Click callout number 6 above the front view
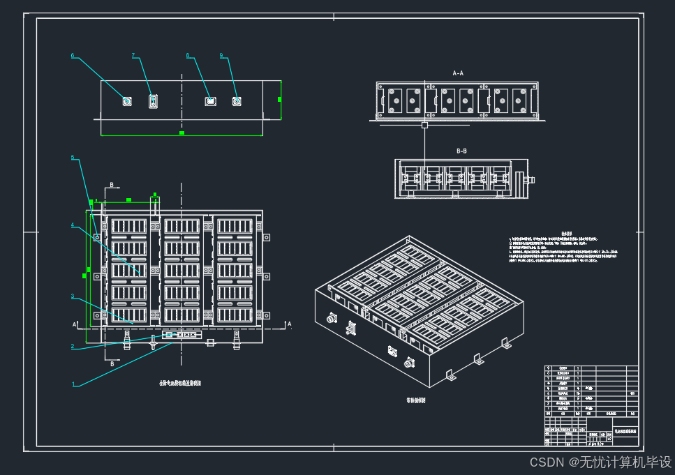click(x=73, y=56)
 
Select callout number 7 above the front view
click(x=133, y=56)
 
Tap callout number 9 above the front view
click(x=221, y=56)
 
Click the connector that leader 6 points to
click(x=127, y=102)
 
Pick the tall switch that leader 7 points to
click(x=153, y=102)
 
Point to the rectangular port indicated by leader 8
click(x=210, y=102)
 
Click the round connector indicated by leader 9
click(x=237, y=102)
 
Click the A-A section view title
click(x=458, y=73)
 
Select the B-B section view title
click(x=461, y=151)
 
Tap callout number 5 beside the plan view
click(x=73, y=158)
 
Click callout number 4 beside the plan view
click(x=72, y=225)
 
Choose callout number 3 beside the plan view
click(x=72, y=296)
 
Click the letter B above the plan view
click(x=111, y=186)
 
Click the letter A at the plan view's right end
click(x=290, y=324)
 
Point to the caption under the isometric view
click(x=416, y=401)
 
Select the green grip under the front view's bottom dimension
click(x=181, y=133)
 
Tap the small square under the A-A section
click(x=424, y=126)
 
